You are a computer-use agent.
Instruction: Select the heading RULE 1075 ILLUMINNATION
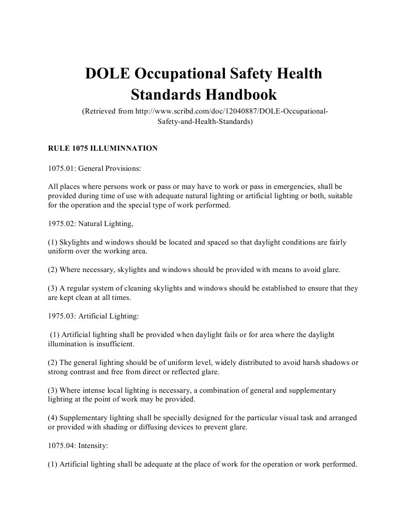pos(103,148)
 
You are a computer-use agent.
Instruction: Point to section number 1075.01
pos(61,168)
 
